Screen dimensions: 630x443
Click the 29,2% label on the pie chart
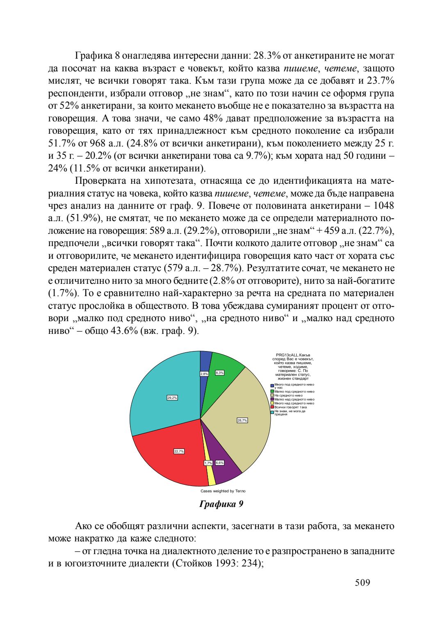point(172,397)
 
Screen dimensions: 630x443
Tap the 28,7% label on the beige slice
point(242,420)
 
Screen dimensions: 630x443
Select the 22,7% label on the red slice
point(179,451)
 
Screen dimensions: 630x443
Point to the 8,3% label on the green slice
point(219,372)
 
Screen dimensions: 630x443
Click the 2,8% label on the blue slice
point(204,374)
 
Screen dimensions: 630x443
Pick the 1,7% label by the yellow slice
point(208,463)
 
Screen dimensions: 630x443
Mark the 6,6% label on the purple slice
point(219,463)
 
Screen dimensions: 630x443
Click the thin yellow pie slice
point(210,476)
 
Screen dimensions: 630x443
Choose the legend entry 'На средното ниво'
point(288,395)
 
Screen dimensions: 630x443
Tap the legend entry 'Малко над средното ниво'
point(294,399)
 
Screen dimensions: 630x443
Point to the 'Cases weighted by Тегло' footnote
point(223,491)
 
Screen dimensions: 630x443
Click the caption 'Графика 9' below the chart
point(221,504)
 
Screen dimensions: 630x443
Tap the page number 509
point(363,582)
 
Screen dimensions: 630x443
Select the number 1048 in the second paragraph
point(384,205)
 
